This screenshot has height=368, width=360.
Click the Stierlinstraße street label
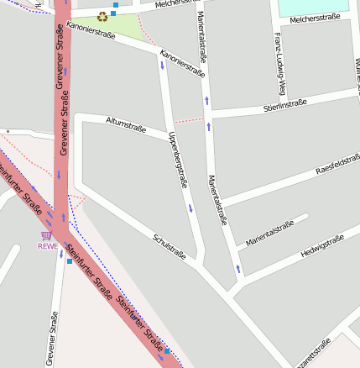tap(284, 104)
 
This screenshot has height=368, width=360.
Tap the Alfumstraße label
tap(126, 125)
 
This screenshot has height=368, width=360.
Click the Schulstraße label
tap(169, 246)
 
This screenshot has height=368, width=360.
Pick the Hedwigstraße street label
tap(323, 248)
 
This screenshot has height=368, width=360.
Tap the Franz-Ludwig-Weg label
tap(280, 57)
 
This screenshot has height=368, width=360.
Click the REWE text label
tap(48, 246)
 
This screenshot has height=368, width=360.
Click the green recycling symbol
tap(102, 16)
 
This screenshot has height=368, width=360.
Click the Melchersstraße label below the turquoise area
tap(314, 17)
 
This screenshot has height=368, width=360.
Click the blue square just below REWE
tap(69, 261)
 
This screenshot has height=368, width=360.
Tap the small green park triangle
tap(117, 26)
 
